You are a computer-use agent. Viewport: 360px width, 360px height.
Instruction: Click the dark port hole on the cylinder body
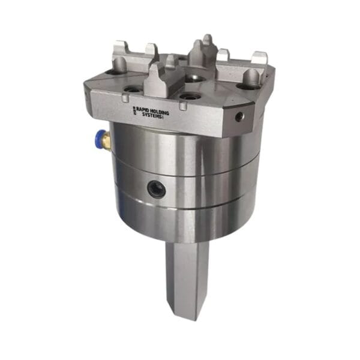tap(157, 188)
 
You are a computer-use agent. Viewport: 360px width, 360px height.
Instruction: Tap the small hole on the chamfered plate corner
tap(239, 116)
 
